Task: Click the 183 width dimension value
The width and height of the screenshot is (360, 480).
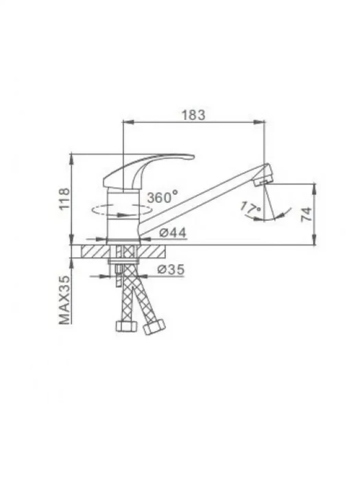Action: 194,115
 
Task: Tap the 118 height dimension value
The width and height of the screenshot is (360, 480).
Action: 64,199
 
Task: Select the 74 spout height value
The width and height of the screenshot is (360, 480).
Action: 307,214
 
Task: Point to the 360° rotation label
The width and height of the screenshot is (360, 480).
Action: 163,197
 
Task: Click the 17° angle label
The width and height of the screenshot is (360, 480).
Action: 250,208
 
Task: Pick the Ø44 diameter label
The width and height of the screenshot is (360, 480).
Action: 173,233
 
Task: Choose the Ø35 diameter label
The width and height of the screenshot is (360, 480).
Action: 171,269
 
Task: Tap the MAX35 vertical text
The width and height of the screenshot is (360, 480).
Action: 64,300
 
